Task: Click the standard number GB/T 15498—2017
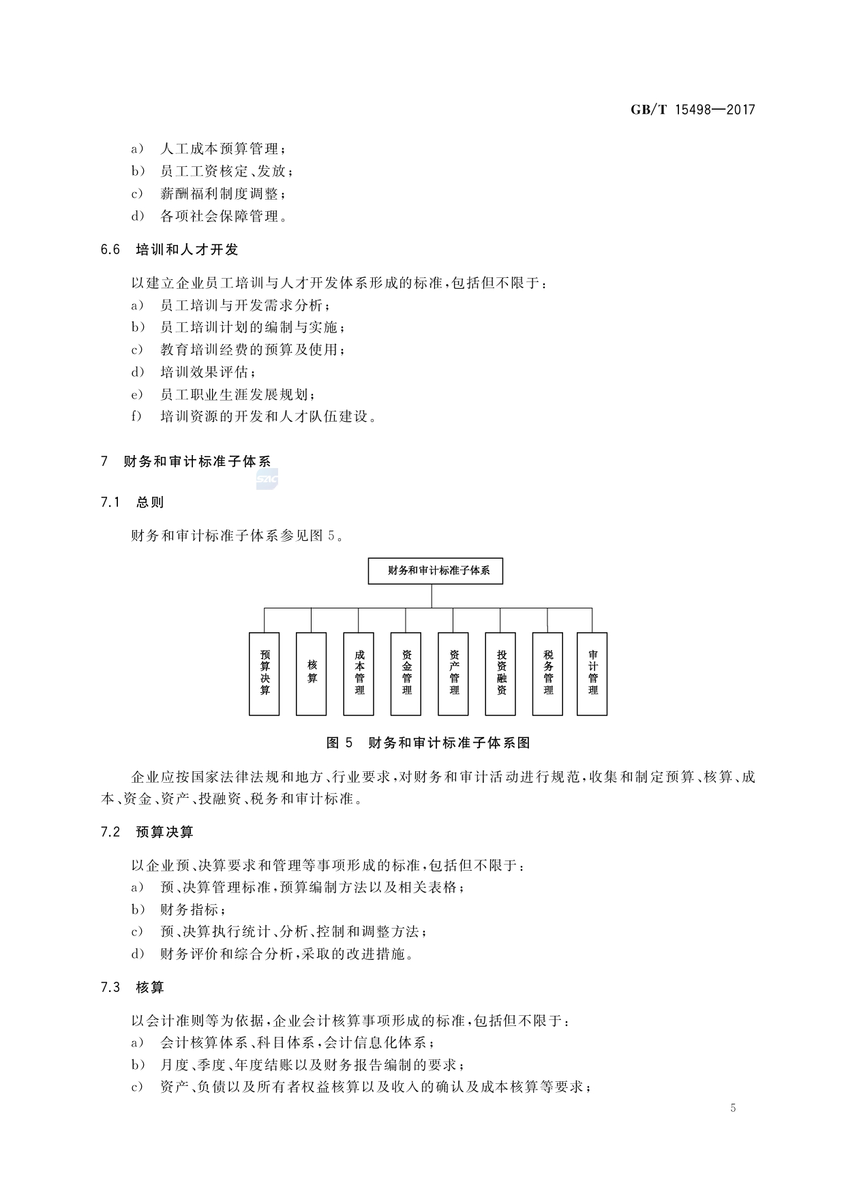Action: pos(693,110)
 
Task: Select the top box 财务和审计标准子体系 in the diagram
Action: pos(435,571)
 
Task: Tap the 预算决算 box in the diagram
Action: pos(265,674)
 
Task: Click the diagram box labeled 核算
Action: pos(312,674)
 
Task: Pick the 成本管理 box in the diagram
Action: pos(359,674)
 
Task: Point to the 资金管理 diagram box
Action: pos(406,674)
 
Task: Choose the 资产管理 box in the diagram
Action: pos(453,674)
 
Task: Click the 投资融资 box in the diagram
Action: pos(500,674)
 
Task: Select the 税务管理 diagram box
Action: pos(547,674)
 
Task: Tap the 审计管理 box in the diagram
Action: pos(592,674)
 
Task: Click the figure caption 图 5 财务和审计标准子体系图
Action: pos(428,743)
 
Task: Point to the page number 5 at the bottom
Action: pos(733,1108)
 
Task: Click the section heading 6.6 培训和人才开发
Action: pos(170,250)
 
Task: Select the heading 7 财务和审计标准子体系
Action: pos(185,462)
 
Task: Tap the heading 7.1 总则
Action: pos(132,503)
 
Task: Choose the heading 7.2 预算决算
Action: pos(147,832)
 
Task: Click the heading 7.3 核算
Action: pos(132,987)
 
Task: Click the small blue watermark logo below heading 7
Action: pos(267,480)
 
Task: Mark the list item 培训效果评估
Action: pos(208,373)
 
